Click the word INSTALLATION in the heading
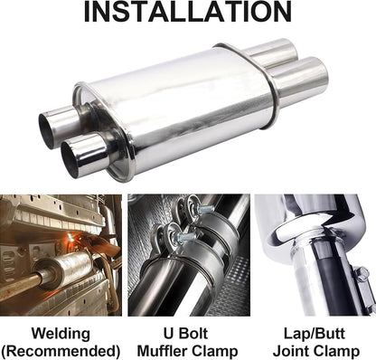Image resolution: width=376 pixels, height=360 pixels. tap(188, 13)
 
